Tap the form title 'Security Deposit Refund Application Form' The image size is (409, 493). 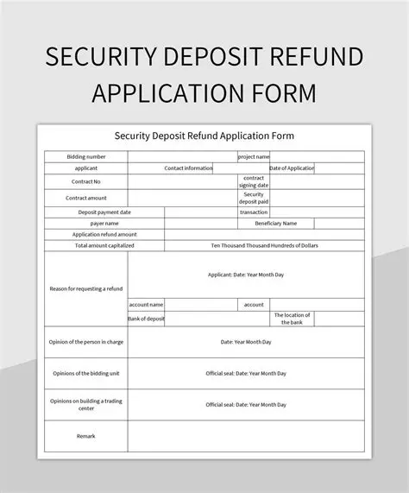[204, 136]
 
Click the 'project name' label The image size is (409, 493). [254, 156]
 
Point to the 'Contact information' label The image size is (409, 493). [188, 168]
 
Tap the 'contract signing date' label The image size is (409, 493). [254, 182]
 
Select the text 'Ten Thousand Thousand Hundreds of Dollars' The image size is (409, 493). [264, 245]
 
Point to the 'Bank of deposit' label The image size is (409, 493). [146, 319]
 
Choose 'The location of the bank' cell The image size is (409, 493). [293, 319]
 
